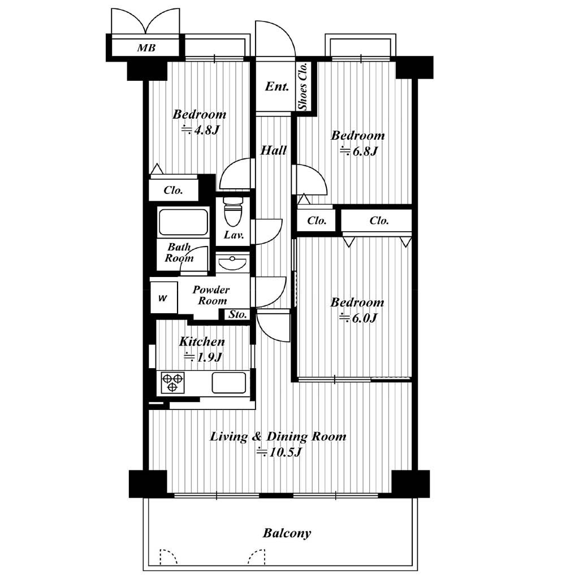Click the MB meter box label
[x=146, y=47]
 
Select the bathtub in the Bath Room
[x=183, y=223]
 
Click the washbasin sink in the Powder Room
[x=232, y=263]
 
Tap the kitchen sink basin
[x=228, y=383]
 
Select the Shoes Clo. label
[x=303, y=87]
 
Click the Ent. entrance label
[x=277, y=87]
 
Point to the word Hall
[x=274, y=150]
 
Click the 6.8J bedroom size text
[x=359, y=151]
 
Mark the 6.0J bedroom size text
[x=358, y=318]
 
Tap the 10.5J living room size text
[x=280, y=452]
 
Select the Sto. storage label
[x=237, y=314]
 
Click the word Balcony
[x=287, y=533]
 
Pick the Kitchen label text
[x=202, y=342]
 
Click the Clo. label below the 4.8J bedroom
[x=173, y=191]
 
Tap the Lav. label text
[x=234, y=235]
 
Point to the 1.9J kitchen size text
[x=203, y=357]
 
